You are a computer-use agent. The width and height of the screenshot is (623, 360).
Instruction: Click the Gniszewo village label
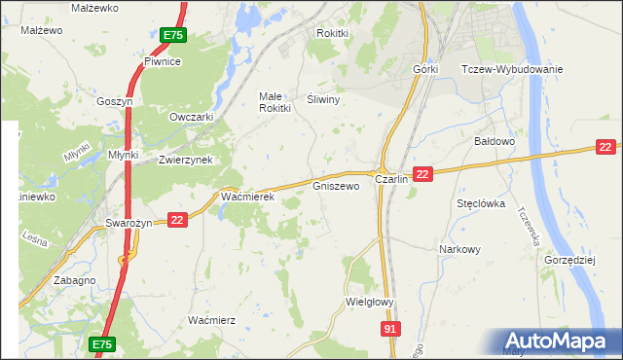(336, 185)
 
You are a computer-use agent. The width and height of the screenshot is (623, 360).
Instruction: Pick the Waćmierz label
(212, 319)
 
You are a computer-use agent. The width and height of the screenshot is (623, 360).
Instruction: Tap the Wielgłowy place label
(369, 302)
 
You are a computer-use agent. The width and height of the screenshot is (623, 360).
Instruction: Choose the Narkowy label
(460, 249)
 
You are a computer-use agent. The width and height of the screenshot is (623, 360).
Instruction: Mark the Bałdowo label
(494, 141)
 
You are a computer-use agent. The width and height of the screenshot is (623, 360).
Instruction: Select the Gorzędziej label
(569, 262)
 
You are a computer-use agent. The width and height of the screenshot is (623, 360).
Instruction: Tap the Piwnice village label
(163, 61)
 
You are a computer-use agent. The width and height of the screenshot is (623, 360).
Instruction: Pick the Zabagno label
(75, 280)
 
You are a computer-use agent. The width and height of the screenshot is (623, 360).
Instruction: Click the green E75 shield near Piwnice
(172, 35)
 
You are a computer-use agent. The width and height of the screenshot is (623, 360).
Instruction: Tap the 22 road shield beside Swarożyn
(176, 221)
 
